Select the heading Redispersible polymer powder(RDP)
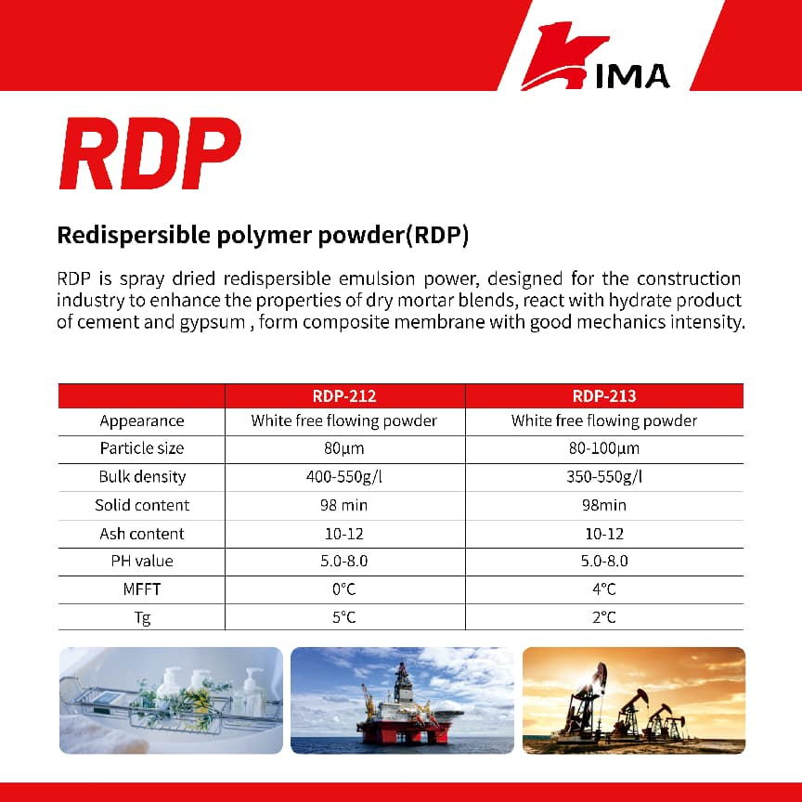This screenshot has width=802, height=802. coord(263,236)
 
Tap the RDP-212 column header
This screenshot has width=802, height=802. coord(344,396)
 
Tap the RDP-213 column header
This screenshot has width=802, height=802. coord(604,396)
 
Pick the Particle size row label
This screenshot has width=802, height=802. coord(142,448)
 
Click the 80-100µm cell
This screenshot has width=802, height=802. coord(604,448)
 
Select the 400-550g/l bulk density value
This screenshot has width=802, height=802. coord(344,477)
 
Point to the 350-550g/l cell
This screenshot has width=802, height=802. coord(604,477)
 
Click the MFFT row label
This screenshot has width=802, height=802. coord(142,589)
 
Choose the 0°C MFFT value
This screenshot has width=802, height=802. coord(344,589)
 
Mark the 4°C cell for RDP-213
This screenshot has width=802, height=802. coord(604,589)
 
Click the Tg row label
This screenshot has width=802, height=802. coord(142,617)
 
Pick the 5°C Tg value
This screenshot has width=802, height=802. coord(344,617)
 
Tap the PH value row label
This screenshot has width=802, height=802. coord(142,562)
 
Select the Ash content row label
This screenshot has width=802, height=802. coord(142,534)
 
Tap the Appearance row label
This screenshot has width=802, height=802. coord(142,420)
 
